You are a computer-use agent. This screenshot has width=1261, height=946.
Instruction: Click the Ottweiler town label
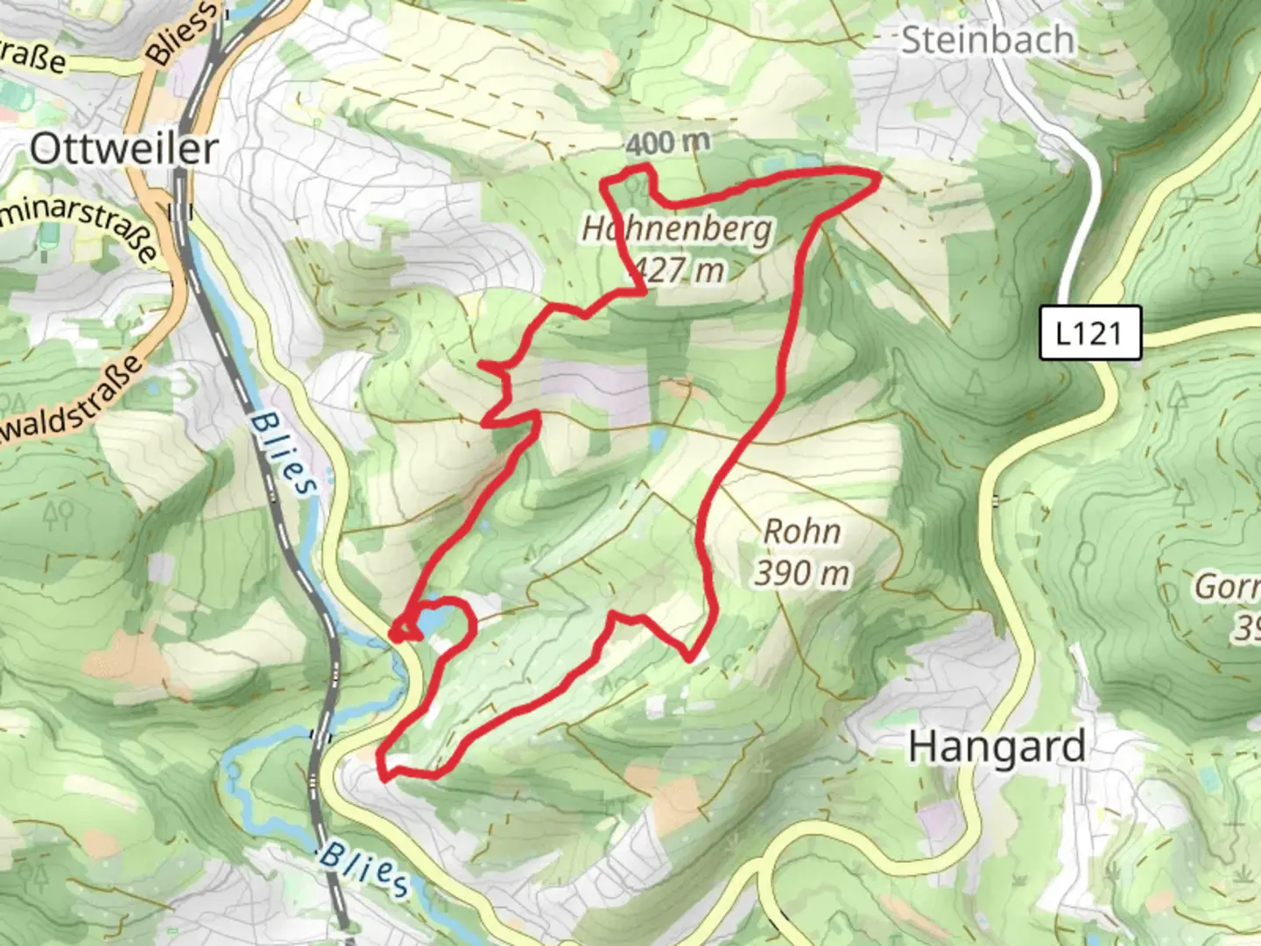[123, 149]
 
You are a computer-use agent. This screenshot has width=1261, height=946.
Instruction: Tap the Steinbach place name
[987, 40]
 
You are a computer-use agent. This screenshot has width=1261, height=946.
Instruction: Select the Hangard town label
[997, 747]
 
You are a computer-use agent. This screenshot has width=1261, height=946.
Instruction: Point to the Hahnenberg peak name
[677, 229]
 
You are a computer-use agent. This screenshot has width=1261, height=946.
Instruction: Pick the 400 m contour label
[667, 142]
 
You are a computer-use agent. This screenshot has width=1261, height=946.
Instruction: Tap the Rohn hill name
[801, 531]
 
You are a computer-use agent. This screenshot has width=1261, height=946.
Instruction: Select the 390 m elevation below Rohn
[801, 573]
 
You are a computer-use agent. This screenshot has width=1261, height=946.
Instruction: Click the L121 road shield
[1089, 333]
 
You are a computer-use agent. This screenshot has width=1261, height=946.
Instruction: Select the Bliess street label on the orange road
[182, 33]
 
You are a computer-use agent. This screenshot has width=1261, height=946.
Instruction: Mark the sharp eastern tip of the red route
[878, 178]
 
